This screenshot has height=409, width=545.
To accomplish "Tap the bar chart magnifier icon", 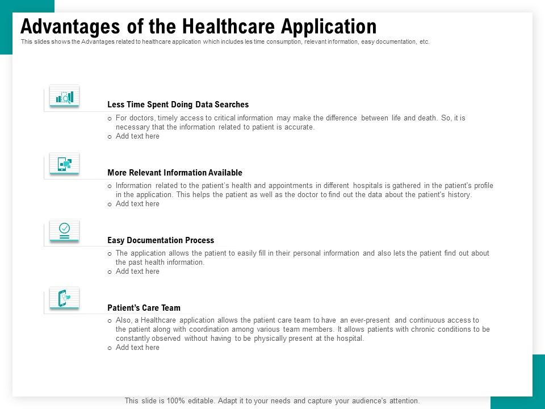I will click(64, 97).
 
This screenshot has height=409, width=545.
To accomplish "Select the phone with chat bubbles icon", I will click(64, 164).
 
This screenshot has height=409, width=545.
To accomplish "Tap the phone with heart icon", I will click(64, 298).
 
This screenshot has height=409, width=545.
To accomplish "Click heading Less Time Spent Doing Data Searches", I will click(178, 105).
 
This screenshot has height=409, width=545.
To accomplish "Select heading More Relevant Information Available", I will click(174, 173).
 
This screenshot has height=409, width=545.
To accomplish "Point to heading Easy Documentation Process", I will click(161, 240).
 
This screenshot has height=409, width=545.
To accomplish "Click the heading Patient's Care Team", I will click(144, 308).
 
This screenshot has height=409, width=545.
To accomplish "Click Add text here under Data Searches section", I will click(137, 136).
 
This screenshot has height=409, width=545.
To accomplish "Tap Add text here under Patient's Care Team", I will click(137, 348).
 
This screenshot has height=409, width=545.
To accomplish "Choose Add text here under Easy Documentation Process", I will click(137, 272).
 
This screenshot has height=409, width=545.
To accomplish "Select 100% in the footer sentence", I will click(170, 400).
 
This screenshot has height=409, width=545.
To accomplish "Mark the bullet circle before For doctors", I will click(110, 118).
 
